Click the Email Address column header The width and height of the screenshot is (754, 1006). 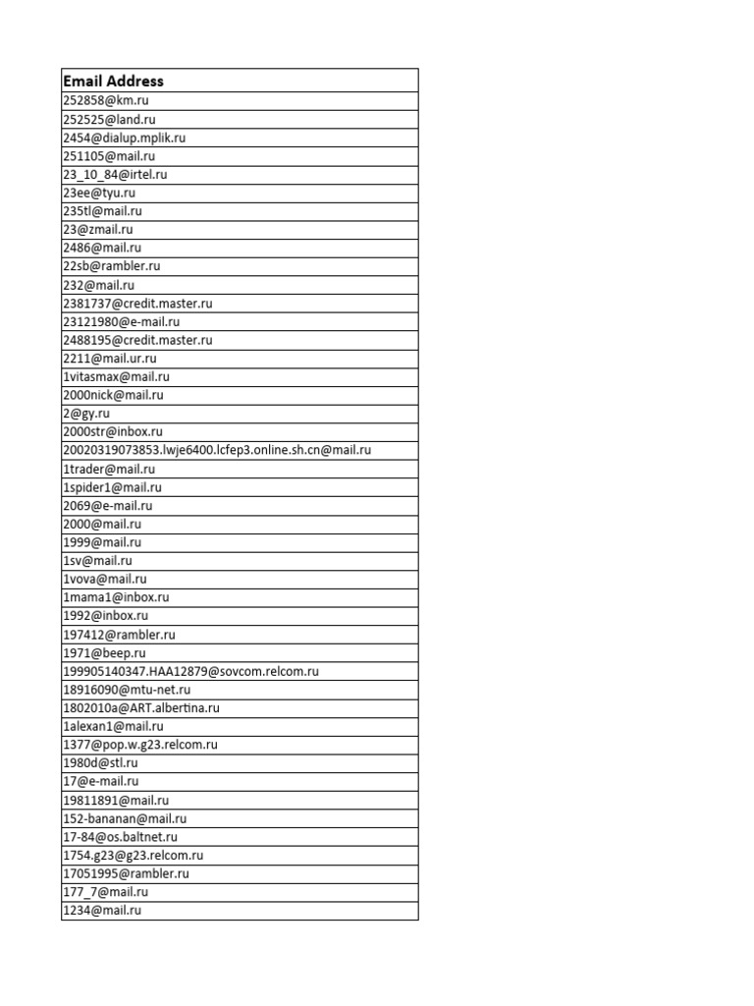tap(113, 81)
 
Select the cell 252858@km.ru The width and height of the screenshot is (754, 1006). tap(106, 100)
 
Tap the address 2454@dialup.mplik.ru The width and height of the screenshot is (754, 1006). tap(124, 138)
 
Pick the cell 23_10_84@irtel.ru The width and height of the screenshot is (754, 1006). tap(115, 174)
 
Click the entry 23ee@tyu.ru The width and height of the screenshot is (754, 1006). tap(99, 193)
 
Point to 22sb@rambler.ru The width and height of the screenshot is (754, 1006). tap(112, 266)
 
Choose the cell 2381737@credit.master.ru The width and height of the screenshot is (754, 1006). tap(137, 304)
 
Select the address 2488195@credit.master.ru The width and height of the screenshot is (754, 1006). tap(137, 340)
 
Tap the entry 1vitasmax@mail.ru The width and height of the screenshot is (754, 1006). tap(116, 376)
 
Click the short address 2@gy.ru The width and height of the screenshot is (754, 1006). tap(86, 414)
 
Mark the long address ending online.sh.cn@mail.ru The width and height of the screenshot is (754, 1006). tap(217, 450)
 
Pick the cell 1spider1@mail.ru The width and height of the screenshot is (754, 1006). tap(112, 487)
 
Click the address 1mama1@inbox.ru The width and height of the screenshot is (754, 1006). tap(116, 597)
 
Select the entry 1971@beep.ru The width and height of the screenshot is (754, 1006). tap(104, 652)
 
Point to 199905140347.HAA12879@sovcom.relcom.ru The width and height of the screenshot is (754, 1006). tap(190, 671)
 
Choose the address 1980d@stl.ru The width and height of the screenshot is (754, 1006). tap(100, 762)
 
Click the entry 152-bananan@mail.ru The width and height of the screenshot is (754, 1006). tap(125, 818)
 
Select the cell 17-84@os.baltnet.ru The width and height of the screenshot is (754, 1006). tap(120, 837)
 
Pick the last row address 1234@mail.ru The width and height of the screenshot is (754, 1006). tap(102, 911)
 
